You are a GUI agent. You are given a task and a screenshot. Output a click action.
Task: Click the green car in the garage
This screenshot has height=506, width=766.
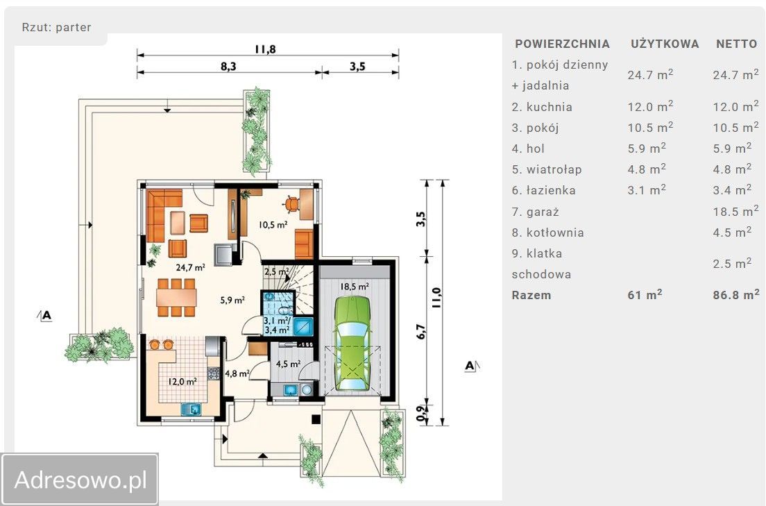352,343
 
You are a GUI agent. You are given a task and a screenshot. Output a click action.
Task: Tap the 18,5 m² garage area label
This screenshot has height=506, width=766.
354,287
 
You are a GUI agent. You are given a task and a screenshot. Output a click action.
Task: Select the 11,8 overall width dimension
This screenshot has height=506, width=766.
265,49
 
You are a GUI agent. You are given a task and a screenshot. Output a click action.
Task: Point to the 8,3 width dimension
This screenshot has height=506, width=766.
228,66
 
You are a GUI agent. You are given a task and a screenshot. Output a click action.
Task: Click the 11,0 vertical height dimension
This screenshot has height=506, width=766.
436,297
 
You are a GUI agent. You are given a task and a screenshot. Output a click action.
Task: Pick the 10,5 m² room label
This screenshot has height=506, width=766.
273,225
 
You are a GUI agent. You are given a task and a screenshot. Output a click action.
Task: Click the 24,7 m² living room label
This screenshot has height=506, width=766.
190,267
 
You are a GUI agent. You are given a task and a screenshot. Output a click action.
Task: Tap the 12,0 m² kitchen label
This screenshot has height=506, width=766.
182,381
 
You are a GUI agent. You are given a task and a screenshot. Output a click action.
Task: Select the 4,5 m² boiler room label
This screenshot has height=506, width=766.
288,364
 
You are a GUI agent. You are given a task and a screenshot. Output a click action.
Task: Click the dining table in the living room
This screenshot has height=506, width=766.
176,297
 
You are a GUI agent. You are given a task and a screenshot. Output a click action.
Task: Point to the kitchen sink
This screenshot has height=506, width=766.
191,409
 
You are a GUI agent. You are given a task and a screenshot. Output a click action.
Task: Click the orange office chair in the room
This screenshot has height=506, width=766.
291,203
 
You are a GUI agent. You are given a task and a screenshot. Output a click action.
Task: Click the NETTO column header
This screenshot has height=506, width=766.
736,44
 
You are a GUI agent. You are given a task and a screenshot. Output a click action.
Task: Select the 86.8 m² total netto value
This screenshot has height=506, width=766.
735,294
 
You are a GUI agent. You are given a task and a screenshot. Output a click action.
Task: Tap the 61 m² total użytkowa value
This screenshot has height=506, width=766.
645,294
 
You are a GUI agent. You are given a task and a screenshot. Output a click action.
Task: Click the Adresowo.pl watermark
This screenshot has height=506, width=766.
80,480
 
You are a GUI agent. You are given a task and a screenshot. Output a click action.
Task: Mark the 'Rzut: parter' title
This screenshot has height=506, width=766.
57,27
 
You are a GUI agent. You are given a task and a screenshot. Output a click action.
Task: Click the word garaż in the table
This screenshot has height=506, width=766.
543,212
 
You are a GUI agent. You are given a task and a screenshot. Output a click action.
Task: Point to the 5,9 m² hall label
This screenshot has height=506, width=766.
232,300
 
